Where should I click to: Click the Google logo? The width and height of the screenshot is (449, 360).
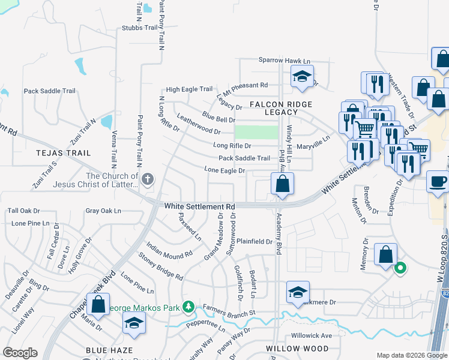click(20, 353)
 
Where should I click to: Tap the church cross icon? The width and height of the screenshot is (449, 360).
click(148, 179)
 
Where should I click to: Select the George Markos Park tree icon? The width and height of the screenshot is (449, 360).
click(188, 307)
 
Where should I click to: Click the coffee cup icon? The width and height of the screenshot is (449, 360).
click(438, 181)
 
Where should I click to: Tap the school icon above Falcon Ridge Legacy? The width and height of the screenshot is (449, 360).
click(302, 77)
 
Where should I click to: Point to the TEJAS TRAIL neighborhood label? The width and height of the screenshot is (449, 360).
click(63, 153)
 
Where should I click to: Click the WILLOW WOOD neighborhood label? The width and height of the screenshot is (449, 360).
click(298, 348)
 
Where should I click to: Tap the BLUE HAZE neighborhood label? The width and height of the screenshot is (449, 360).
click(109, 350)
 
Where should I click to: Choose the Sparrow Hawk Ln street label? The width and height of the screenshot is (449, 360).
click(285, 61)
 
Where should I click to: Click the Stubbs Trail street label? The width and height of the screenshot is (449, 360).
click(139, 27)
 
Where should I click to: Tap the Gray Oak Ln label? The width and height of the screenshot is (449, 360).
click(103, 211)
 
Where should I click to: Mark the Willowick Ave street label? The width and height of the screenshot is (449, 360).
click(312, 335)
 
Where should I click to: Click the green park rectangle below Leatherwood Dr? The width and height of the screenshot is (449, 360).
click(256, 132)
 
